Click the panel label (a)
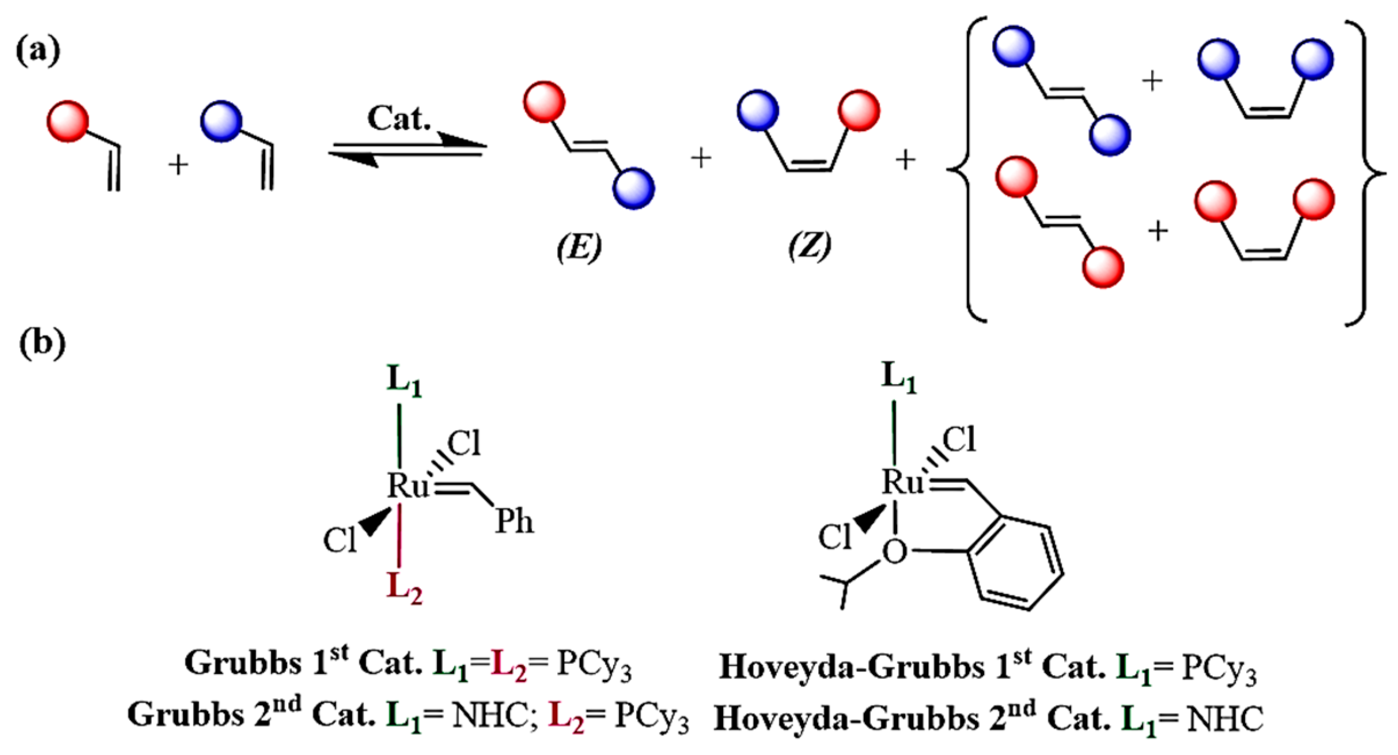(38, 51)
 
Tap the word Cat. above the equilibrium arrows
(399, 118)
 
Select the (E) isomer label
(579, 248)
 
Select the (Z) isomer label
(809, 246)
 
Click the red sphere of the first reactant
(68, 121)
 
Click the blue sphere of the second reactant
(221, 121)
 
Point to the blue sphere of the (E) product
(634, 188)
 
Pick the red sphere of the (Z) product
(859, 110)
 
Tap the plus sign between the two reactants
(178, 165)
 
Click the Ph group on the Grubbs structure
(514, 521)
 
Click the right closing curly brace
(1368, 173)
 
